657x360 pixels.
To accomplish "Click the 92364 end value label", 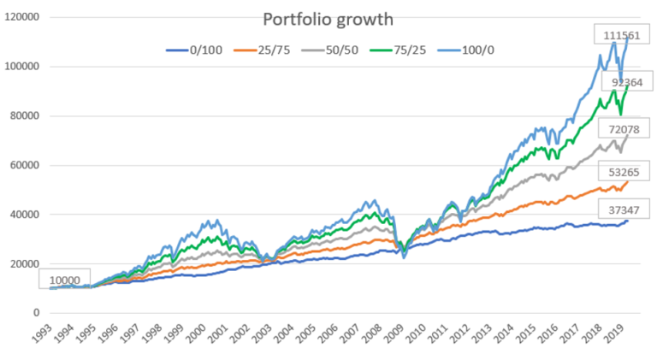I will (627, 82).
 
